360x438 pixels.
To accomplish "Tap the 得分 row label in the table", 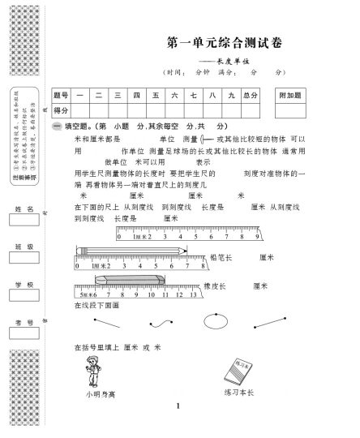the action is (x=61, y=109).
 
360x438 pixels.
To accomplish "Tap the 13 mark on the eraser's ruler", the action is (x=192, y=295).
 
